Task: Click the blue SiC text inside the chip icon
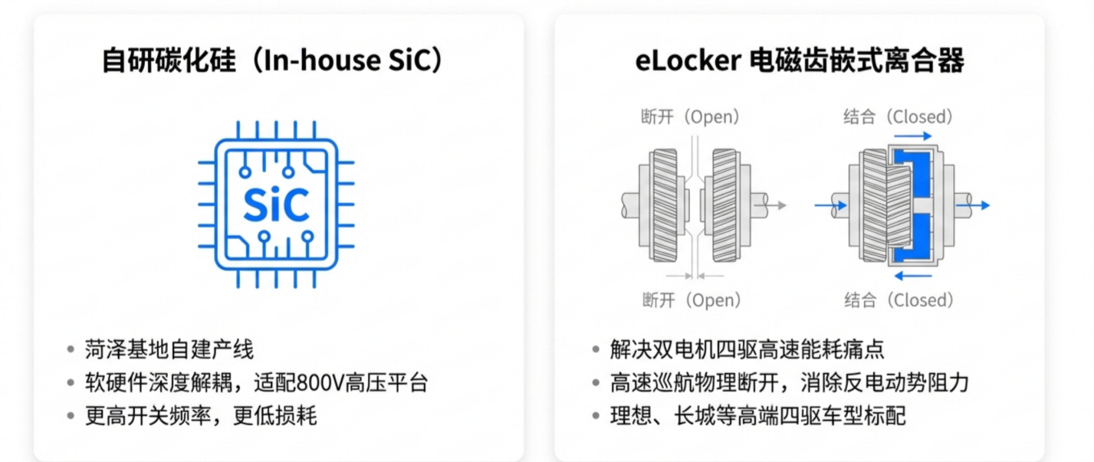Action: (276, 204)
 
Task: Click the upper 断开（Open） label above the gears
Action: (691, 117)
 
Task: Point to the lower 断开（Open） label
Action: (691, 300)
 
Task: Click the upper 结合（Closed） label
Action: (899, 117)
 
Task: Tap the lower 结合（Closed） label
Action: (899, 300)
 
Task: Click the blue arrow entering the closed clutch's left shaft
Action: (830, 205)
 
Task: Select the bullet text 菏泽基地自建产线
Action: (169, 350)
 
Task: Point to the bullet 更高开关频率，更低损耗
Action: (201, 416)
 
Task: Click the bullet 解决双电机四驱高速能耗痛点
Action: (747, 350)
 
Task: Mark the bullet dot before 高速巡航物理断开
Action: (596, 383)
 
